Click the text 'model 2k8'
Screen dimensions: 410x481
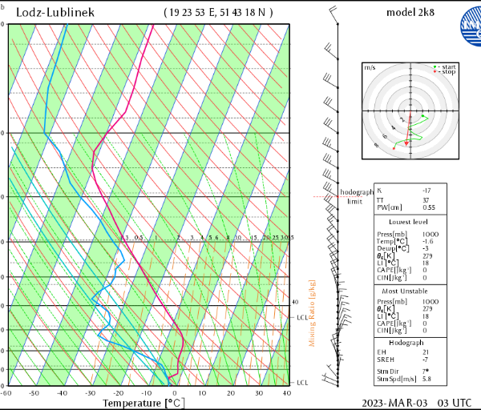(x=410, y=14)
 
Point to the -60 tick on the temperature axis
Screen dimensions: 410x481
(x=6, y=393)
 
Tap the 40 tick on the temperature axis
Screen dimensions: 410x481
(x=286, y=393)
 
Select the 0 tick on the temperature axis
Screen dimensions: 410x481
(x=174, y=393)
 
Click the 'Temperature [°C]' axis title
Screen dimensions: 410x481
(x=140, y=403)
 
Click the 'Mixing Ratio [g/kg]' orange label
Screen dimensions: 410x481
(x=312, y=313)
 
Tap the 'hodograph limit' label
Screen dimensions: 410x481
(x=355, y=197)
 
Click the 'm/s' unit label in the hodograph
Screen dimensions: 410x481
(x=370, y=68)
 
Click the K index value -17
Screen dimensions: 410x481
(x=426, y=190)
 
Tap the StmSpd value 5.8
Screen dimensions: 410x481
(x=427, y=379)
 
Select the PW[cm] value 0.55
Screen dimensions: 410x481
(x=429, y=207)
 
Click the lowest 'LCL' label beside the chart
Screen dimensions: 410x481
(x=302, y=383)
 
